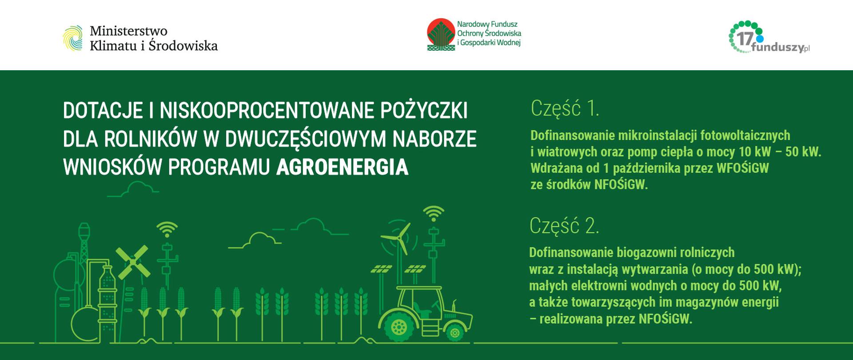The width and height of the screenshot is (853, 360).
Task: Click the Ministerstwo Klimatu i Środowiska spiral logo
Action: point(72,38)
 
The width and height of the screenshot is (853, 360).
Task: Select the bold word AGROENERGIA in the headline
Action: point(342,168)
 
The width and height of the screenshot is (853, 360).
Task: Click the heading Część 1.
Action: point(565,108)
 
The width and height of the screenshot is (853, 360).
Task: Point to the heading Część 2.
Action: point(564,226)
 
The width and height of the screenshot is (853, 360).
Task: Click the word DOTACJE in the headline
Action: point(103,111)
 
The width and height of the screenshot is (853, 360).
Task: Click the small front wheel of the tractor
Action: point(454,332)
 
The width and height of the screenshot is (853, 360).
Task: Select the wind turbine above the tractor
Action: point(400,242)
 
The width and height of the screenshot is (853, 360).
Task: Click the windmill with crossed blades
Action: point(132,262)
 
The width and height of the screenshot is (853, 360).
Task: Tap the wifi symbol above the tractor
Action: point(433,213)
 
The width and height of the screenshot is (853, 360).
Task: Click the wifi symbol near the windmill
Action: point(167,229)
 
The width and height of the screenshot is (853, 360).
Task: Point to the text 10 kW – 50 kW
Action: point(780,152)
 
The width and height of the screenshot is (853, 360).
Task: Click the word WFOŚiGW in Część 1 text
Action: point(742,168)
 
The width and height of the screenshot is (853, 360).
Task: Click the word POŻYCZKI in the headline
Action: point(424,111)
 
